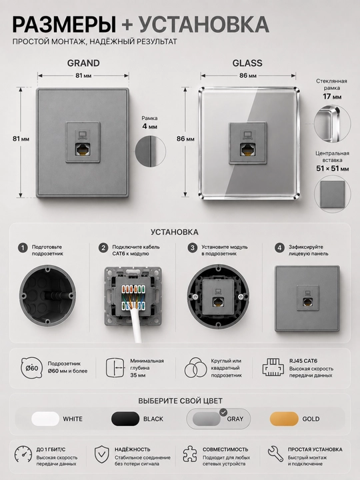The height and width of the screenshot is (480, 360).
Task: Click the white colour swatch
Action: pyautogui.click(x=45, y=419)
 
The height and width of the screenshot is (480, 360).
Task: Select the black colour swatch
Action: pyautogui.click(x=125, y=419)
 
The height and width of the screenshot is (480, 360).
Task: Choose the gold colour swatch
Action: pyautogui.click(x=284, y=419)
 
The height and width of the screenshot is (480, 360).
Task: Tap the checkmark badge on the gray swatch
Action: pyautogui.click(x=223, y=412)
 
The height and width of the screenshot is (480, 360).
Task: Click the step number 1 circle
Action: pyautogui.click(x=23, y=248)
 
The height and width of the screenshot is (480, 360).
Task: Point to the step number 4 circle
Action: pyautogui.click(x=279, y=248)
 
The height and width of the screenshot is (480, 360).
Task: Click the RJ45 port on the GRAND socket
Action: pyautogui.click(x=83, y=149)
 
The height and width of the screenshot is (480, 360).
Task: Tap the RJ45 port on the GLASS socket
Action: pyautogui.click(x=247, y=149)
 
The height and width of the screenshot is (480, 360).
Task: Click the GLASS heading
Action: pyautogui.click(x=247, y=63)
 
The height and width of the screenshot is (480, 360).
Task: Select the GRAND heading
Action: pyautogui.click(x=83, y=63)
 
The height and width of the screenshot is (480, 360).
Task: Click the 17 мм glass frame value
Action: pyautogui.click(x=332, y=97)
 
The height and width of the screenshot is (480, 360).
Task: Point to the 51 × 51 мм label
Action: pyautogui.click(x=333, y=169)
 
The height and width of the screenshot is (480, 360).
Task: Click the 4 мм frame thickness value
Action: pyautogui.click(x=150, y=126)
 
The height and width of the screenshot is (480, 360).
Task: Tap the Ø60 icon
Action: pyautogui.click(x=31, y=367)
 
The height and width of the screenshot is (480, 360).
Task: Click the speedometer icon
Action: pyautogui.click(x=23, y=454)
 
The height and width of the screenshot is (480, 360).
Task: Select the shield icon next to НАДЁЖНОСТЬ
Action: pyautogui.click(x=102, y=454)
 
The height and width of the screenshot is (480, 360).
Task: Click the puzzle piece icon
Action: pyautogui.click(x=190, y=454)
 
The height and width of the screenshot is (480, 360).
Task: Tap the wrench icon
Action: pyautogui.click(x=275, y=454)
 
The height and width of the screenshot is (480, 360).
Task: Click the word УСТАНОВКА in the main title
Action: pyautogui.click(x=204, y=24)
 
